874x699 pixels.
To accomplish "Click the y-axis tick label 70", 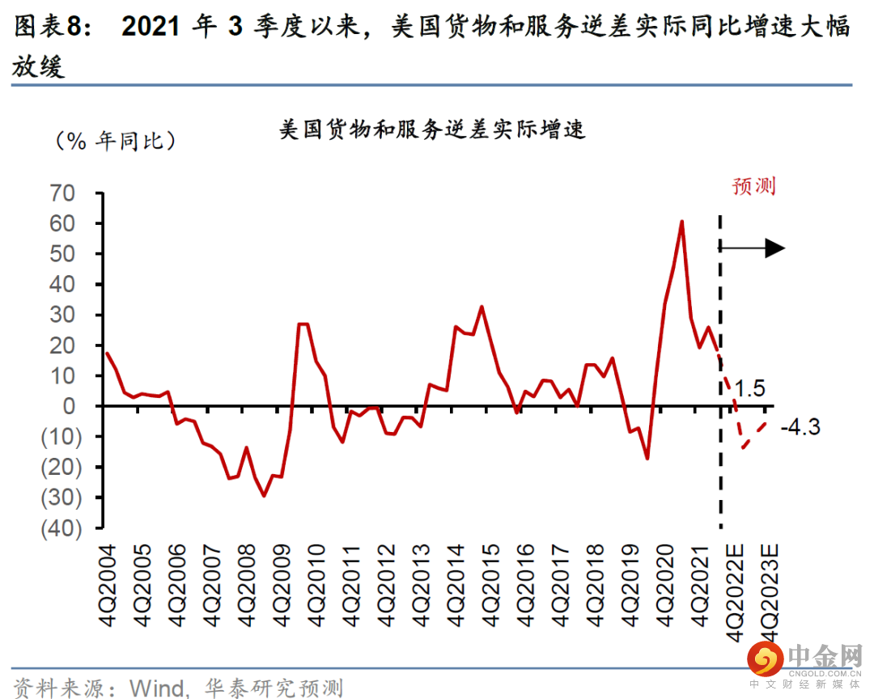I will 63,193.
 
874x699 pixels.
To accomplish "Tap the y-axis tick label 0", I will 70,406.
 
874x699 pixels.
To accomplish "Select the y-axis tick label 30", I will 63,315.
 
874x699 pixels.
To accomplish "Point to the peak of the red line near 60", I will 681,221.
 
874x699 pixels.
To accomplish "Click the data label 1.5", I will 750,389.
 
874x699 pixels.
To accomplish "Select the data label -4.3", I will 800,426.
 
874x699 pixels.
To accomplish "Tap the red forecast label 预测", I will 753,186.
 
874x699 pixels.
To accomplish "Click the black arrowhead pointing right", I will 774,248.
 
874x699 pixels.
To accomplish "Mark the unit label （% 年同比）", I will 115,142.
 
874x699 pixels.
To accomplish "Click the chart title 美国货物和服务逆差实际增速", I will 432,129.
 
